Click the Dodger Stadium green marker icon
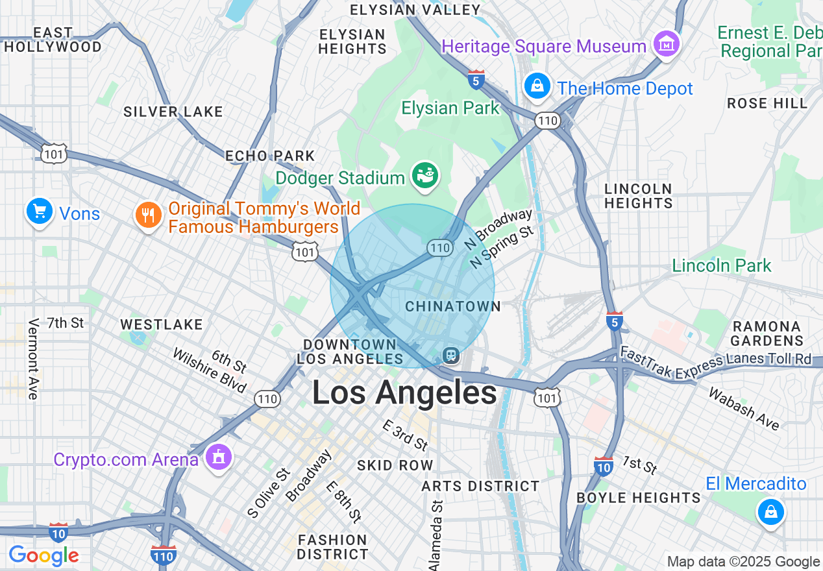tap(426, 175)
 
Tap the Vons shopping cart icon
tap(39, 212)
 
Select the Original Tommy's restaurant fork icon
tap(149, 215)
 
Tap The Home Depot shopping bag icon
tap(537, 86)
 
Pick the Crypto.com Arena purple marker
tap(218, 458)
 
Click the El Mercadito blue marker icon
tap(770, 513)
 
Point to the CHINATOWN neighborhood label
tap(453, 306)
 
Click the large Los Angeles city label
tap(404, 393)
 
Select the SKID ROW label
tap(395, 465)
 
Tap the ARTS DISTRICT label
tap(480, 486)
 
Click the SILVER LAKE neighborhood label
tap(173, 112)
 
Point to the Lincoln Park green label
tap(721, 265)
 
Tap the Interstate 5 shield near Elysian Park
tap(476, 80)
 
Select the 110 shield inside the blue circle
tap(439, 247)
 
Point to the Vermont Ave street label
tap(34, 358)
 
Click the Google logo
tap(43, 556)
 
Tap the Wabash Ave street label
tap(744, 409)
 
